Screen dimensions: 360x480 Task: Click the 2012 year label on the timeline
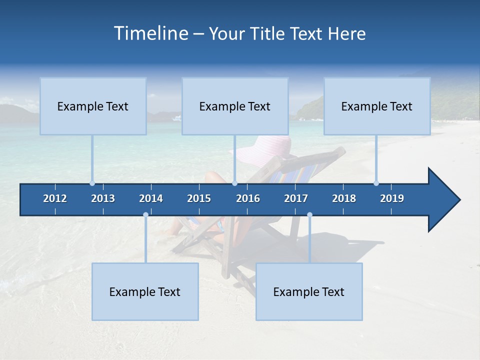click(55, 198)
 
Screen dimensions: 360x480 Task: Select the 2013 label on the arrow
click(103, 198)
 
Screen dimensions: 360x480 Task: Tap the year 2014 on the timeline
click(151, 198)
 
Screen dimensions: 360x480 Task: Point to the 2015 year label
click(199, 198)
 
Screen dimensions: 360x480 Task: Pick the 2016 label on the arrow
click(248, 198)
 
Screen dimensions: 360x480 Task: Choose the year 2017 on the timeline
click(296, 198)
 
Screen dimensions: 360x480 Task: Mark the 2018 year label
click(344, 198)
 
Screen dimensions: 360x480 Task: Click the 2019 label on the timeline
click(392, 198)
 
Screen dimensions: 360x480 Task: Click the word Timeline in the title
click(150, 33)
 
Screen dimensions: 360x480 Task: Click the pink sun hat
click(265, 150)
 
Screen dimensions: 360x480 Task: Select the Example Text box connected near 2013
click(93, 106)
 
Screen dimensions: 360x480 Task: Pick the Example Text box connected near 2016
click(235, 106)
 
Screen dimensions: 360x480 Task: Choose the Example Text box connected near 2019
click(377, 106)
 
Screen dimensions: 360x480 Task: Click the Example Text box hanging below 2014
click(145, 291)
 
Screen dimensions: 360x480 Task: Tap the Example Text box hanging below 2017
click(309, 291)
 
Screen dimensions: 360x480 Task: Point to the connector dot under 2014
click(145, 215)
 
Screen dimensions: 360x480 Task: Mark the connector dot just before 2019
click(376, 183)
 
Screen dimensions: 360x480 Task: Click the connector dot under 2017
click(309, 215)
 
